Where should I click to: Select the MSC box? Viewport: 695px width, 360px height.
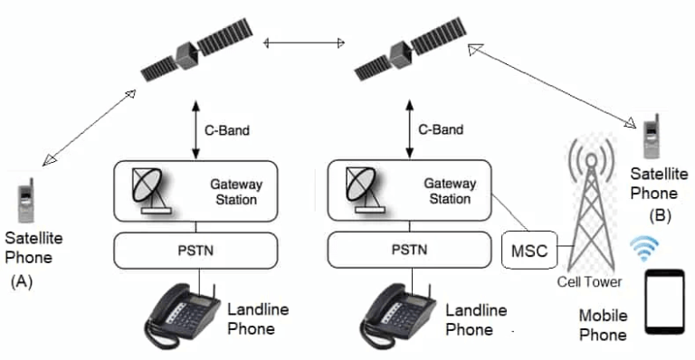tap(529, 251)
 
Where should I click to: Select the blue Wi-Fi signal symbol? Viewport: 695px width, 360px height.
tap(644, 248)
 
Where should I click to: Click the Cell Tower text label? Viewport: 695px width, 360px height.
tap(589, 282)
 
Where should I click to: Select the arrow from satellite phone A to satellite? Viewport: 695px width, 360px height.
tap(89, 127)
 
